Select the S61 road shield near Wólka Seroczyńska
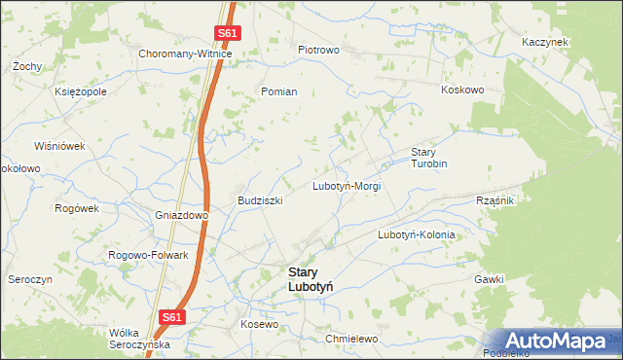click(x=171, y=317)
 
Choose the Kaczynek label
click(x=544, y=43)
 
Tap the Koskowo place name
click(x=462, y=90)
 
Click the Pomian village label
click(x=278, y=91)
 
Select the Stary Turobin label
click(x=428, y=158)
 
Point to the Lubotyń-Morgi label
click(x=346, y=185)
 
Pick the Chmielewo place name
click(x=351, y=339)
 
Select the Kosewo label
click(x=260, y=323)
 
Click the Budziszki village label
click(x=260, y=200)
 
